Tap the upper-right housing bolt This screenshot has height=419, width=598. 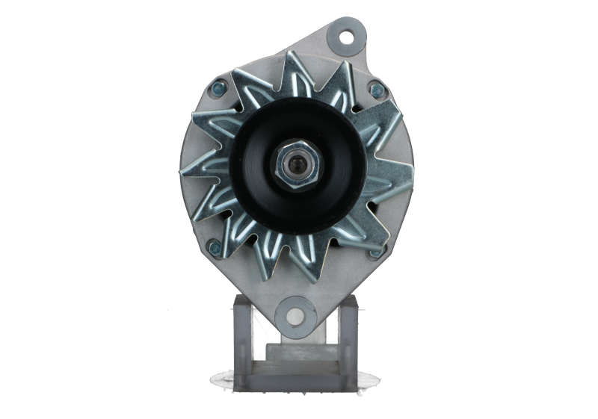[375, 90]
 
